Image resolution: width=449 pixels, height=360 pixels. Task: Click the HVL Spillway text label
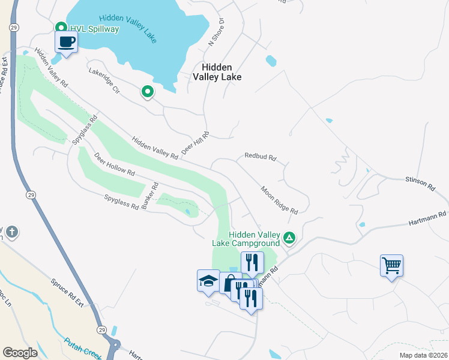(x=95, y=29)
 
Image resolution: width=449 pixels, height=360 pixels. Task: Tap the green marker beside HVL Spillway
(x=61, y=28)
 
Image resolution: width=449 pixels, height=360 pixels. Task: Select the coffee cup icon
(x=66, y=43)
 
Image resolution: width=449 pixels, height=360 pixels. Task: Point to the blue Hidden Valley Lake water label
(x=127, y=28)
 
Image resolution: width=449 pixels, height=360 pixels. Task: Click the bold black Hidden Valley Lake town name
(x=217, y=72)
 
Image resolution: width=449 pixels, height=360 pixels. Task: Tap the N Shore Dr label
(x=216, y=32)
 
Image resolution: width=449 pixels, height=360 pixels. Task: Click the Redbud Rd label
(x=260, y=157)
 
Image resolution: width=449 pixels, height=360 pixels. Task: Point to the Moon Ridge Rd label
(x=279, y=200)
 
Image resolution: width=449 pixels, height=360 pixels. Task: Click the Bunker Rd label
(x=150, y=193)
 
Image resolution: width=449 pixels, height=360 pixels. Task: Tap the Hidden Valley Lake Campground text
(x=246, y=239)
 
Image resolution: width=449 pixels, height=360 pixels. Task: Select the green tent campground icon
(x=289, y=238)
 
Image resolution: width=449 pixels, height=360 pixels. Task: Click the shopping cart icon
(x=391, y=265)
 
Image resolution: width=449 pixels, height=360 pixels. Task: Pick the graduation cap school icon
(x=208, y=281)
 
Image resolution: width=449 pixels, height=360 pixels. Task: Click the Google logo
(x=20, y=353)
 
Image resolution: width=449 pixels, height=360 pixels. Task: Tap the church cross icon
(x=11, y=232)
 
